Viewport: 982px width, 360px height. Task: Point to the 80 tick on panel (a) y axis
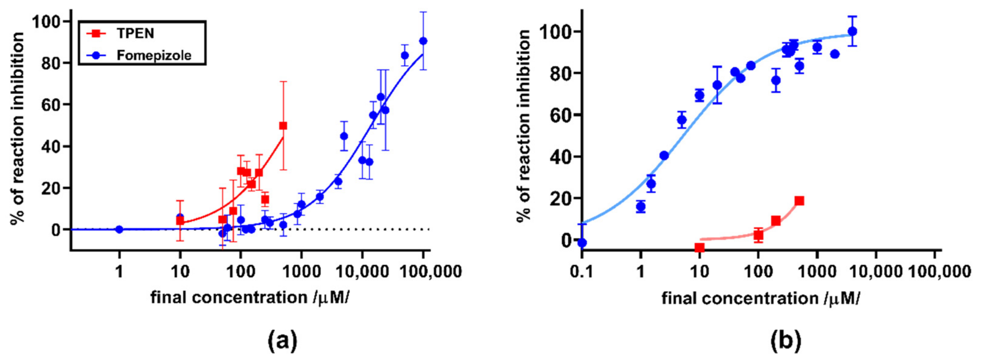(52, 63)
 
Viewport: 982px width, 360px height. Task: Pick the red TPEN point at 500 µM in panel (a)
(283, 126)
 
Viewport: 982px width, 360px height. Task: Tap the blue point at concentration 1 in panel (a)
(119, 229)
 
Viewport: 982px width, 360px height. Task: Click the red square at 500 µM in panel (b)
(799, 201)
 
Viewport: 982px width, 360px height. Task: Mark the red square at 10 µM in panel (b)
(699, 247)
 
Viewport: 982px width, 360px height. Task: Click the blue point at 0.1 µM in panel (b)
(582, 243)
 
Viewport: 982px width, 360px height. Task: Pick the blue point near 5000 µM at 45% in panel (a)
(344, 136)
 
